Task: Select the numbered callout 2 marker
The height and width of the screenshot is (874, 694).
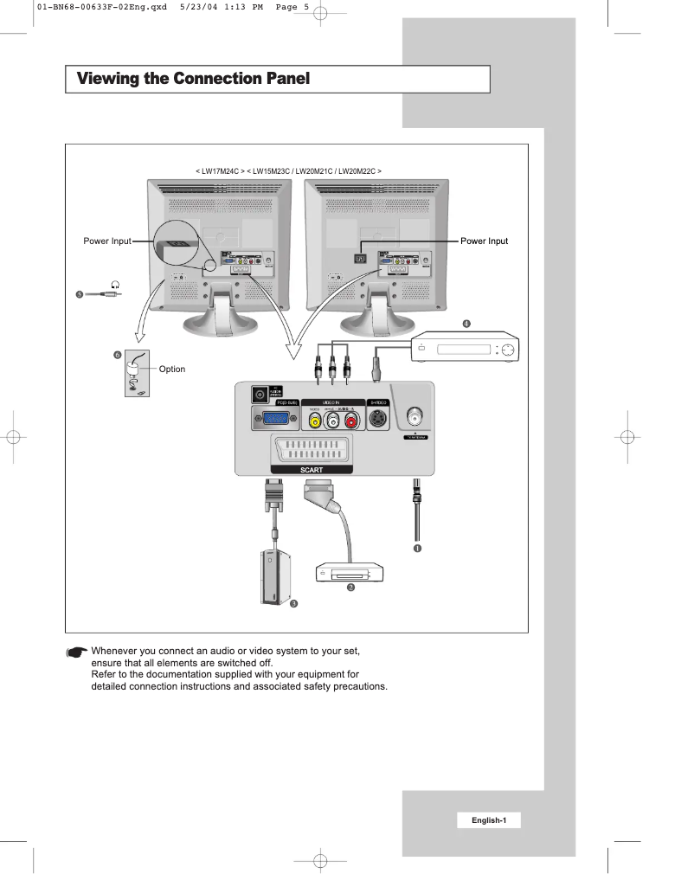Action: (350, 587)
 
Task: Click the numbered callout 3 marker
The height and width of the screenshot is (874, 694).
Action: (293, 603)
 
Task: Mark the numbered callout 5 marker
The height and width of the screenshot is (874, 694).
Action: (80, 293)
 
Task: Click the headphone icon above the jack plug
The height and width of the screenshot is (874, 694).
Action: (114, 283)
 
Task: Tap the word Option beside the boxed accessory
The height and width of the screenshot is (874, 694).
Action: (172, 370)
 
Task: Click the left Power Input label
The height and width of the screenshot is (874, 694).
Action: (101, 241)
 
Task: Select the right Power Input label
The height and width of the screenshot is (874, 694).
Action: (485, 241)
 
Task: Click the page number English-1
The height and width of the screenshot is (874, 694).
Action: (489, 819)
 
